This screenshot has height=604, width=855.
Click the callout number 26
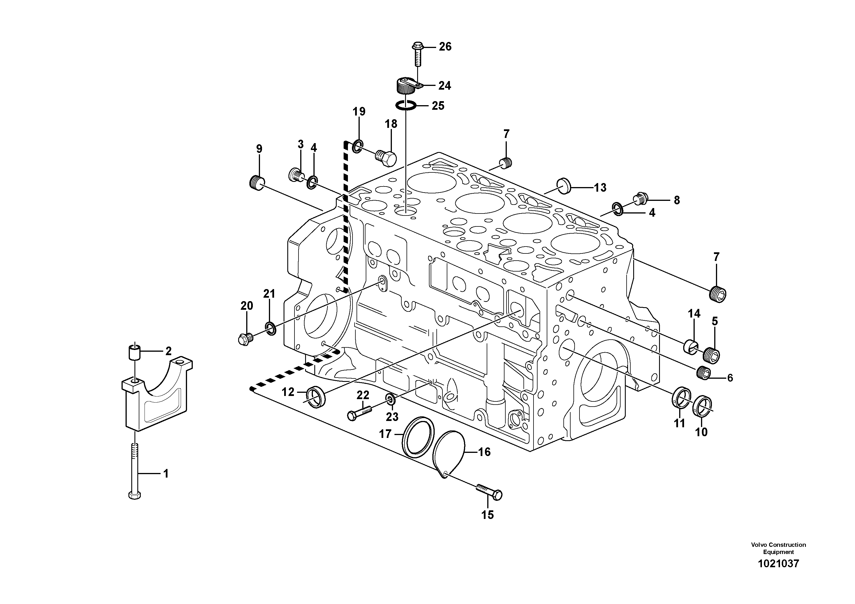[x=445, y=47]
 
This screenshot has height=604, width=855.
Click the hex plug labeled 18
[x=386, y=159]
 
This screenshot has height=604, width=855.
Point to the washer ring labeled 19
[x=357, y=146]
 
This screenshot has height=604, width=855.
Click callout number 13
[x=600, y=188]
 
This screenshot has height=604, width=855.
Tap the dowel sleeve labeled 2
[x=135, y=352]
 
